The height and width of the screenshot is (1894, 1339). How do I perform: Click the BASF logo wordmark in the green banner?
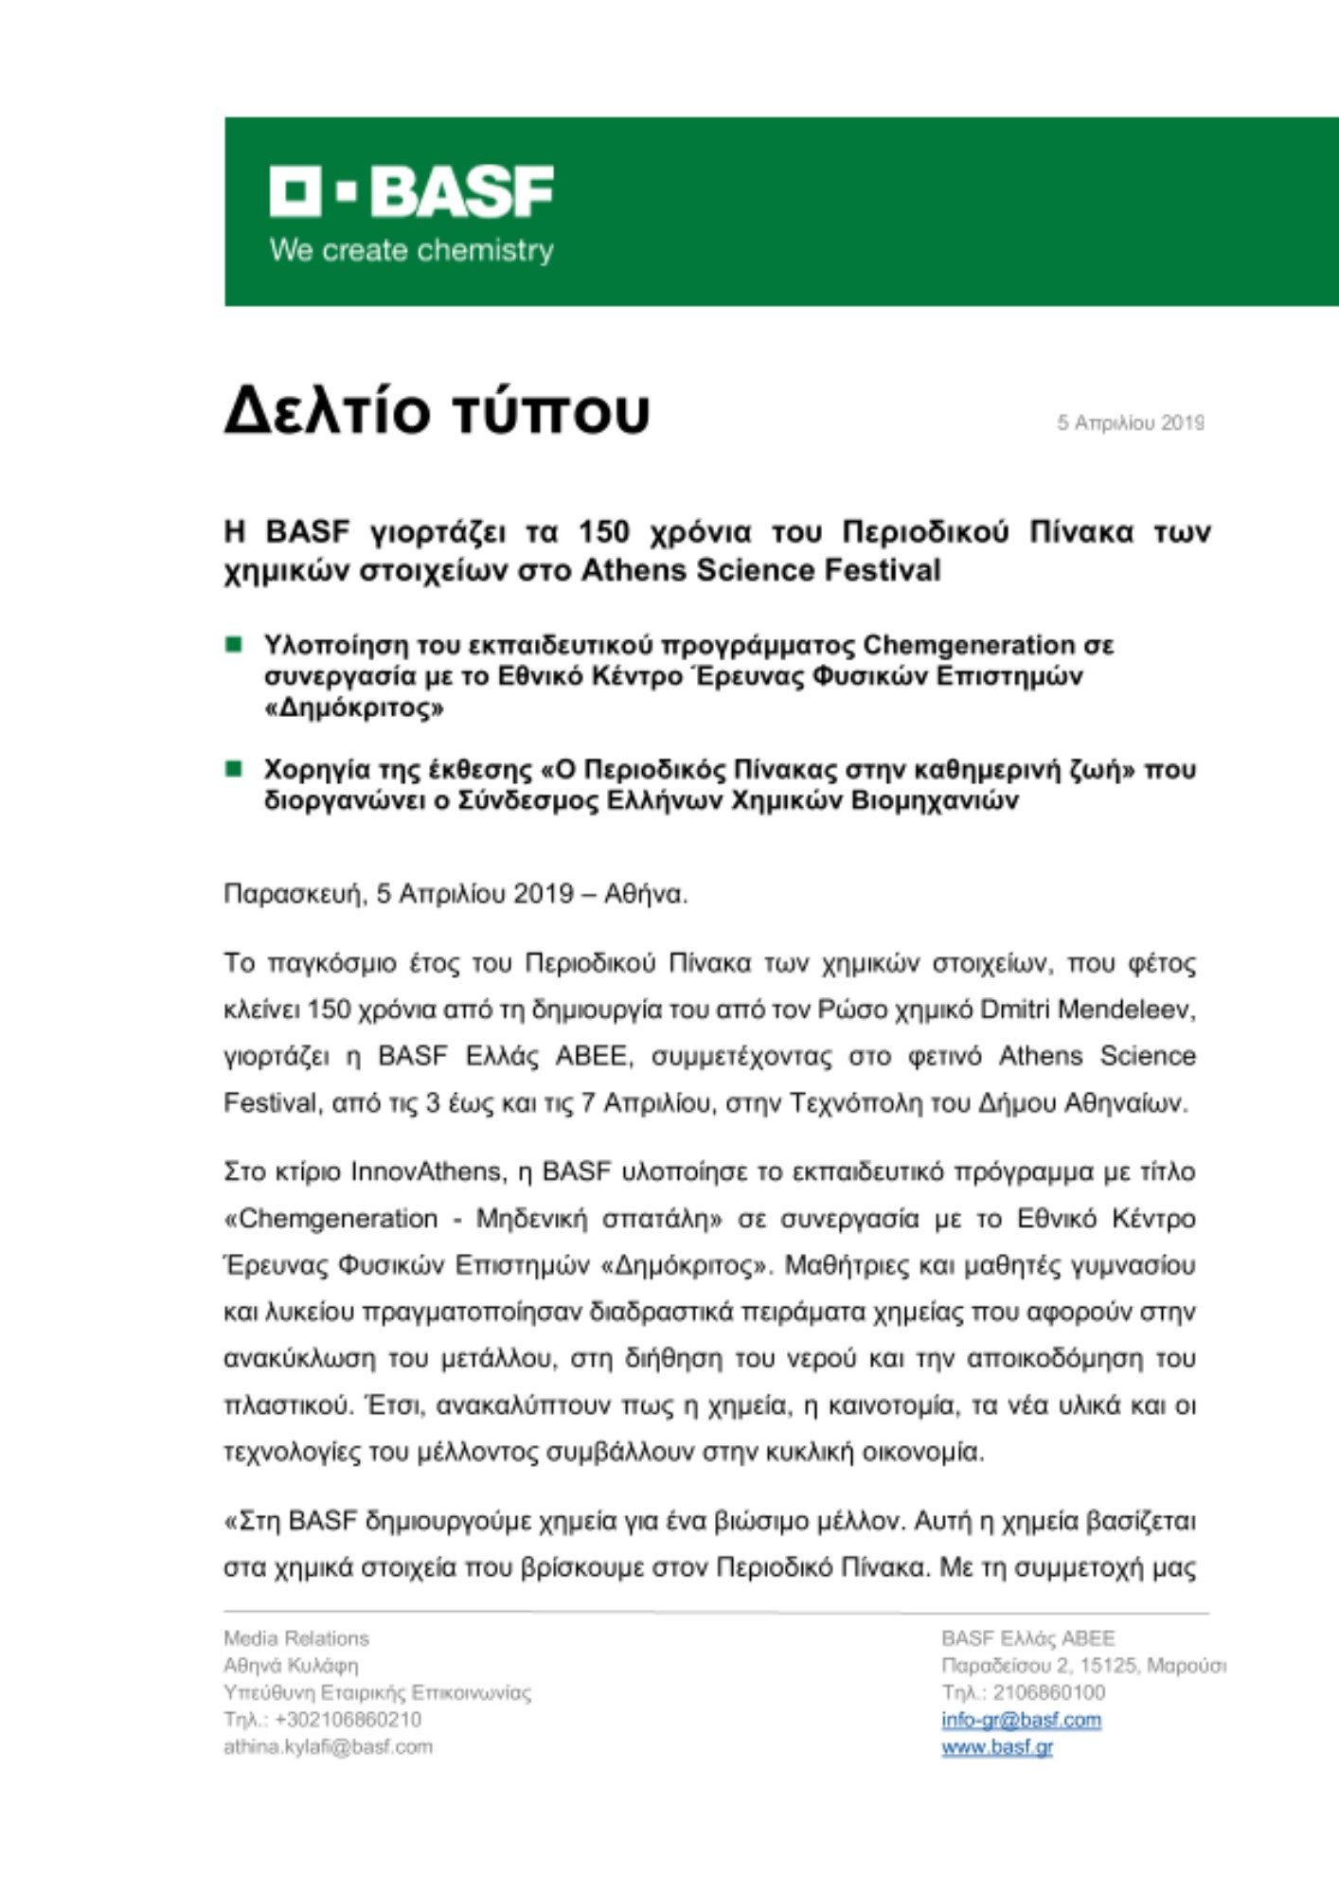click(412, 191)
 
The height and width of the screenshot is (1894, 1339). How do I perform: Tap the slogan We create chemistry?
click(411, 251)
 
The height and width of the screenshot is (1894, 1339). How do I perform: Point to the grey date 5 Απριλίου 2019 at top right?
click(1131, 423)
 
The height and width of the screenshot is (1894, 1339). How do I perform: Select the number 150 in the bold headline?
click(604, 532)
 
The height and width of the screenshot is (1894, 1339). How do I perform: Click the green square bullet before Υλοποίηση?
click(234, 645)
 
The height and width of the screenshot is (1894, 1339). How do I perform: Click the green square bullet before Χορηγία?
click(234, 768)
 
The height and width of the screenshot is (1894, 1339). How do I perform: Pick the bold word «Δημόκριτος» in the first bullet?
click(353, 708)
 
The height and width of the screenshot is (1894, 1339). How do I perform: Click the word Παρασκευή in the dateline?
click(294, 894)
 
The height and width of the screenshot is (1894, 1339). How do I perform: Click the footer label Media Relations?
click(296, 1638)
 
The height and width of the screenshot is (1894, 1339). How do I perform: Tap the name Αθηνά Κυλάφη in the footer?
click(291, 1666)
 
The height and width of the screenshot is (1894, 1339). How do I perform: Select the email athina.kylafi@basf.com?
click(328, 1747)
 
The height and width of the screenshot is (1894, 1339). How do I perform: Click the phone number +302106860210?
click(348, 1720)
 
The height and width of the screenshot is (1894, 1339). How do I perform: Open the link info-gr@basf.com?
click(1021, 1720)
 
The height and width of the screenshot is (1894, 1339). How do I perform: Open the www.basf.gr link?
click(997, 1747)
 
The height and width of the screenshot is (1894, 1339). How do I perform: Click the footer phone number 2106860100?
click(1048, 1692)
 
